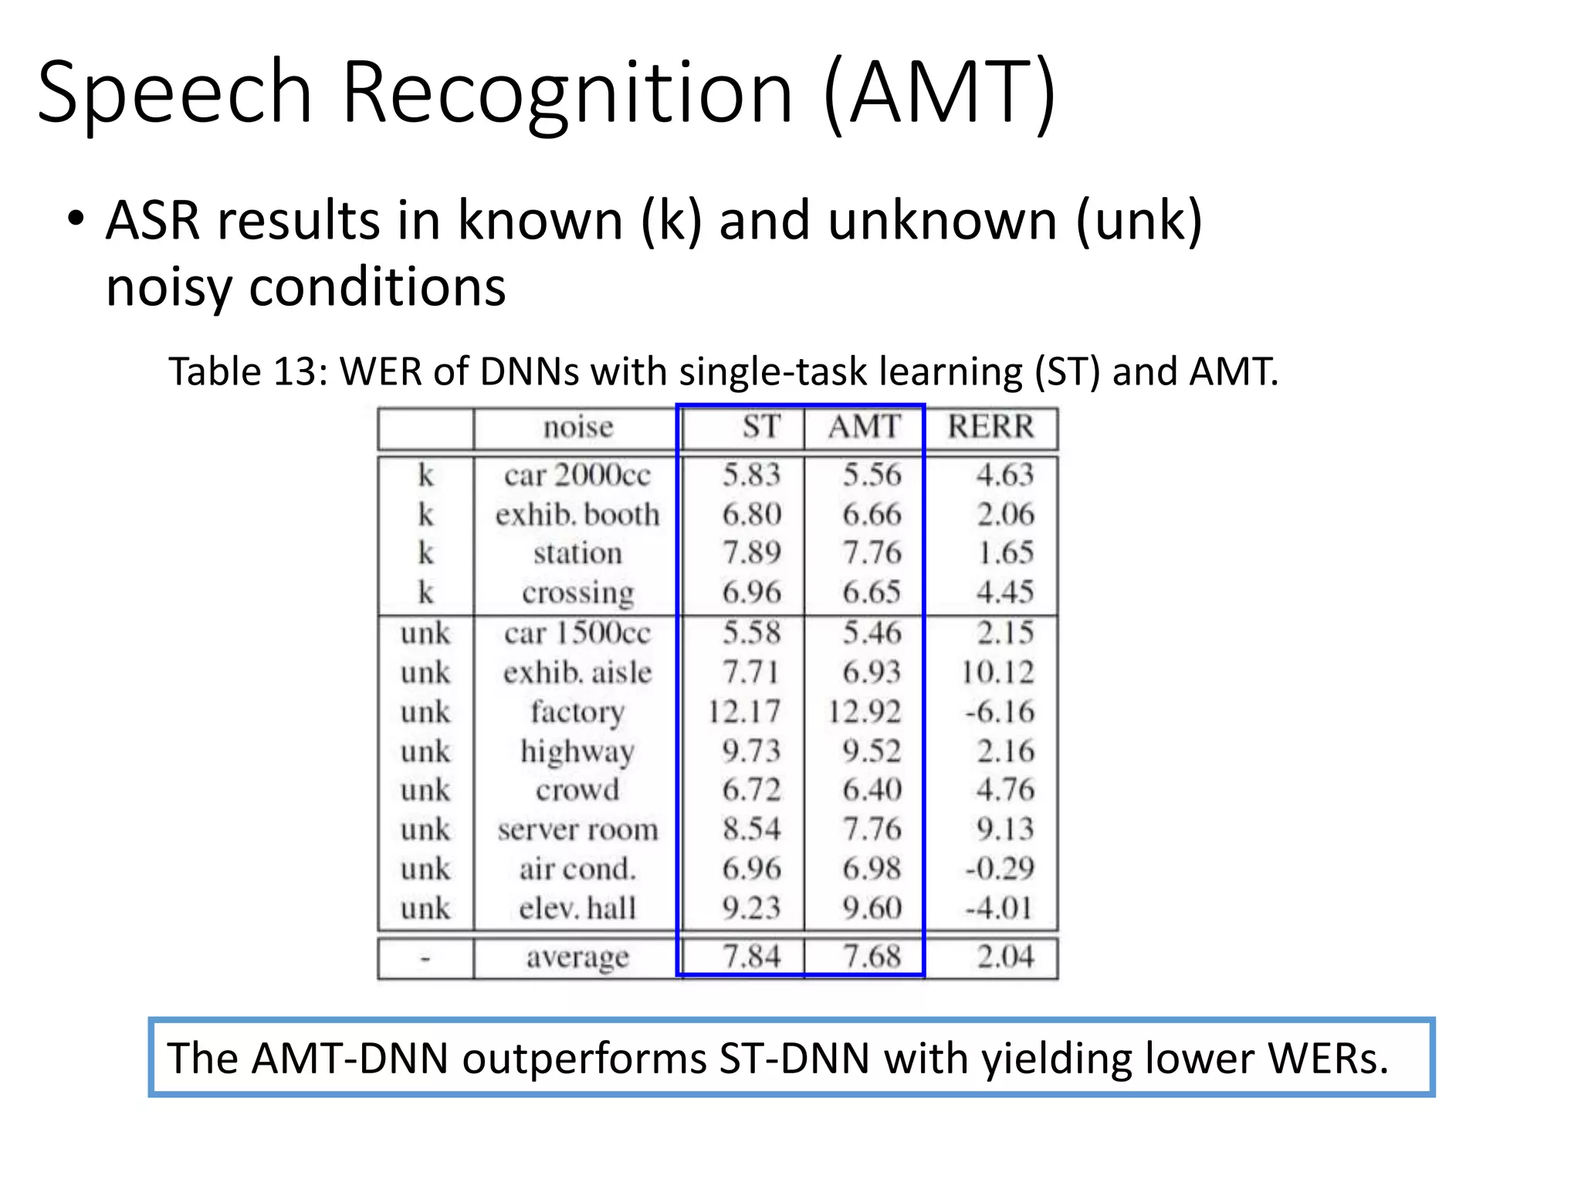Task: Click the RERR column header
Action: [x=990, y=427]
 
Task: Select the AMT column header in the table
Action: [x=865, y=427]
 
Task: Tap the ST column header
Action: [x=761, y=427]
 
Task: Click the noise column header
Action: [x=578, y=427]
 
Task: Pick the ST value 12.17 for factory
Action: [x=744, y=711]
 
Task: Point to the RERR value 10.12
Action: [x=997, y=672]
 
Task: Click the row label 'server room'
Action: [x=578, y=829]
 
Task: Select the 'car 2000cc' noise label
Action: [x=577, y=475]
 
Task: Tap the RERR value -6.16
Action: [x=1000, y=711]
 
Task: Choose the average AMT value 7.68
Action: [x=872, y=957]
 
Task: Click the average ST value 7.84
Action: [x=751, y=957]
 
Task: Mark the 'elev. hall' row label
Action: [x=577, y=908]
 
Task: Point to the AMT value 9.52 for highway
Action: [x=872, y=751]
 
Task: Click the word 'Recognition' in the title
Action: [x=567, y=93]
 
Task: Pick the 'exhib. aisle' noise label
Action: [x=577, y=672]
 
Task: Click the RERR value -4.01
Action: [x=1000, y=908]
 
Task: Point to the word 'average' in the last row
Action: [x=577, y=957]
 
